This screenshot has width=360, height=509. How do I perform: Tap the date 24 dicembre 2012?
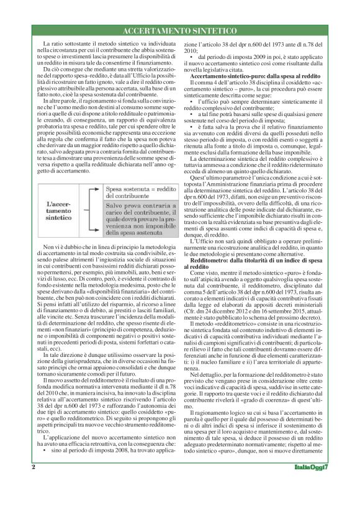(234, 324)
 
